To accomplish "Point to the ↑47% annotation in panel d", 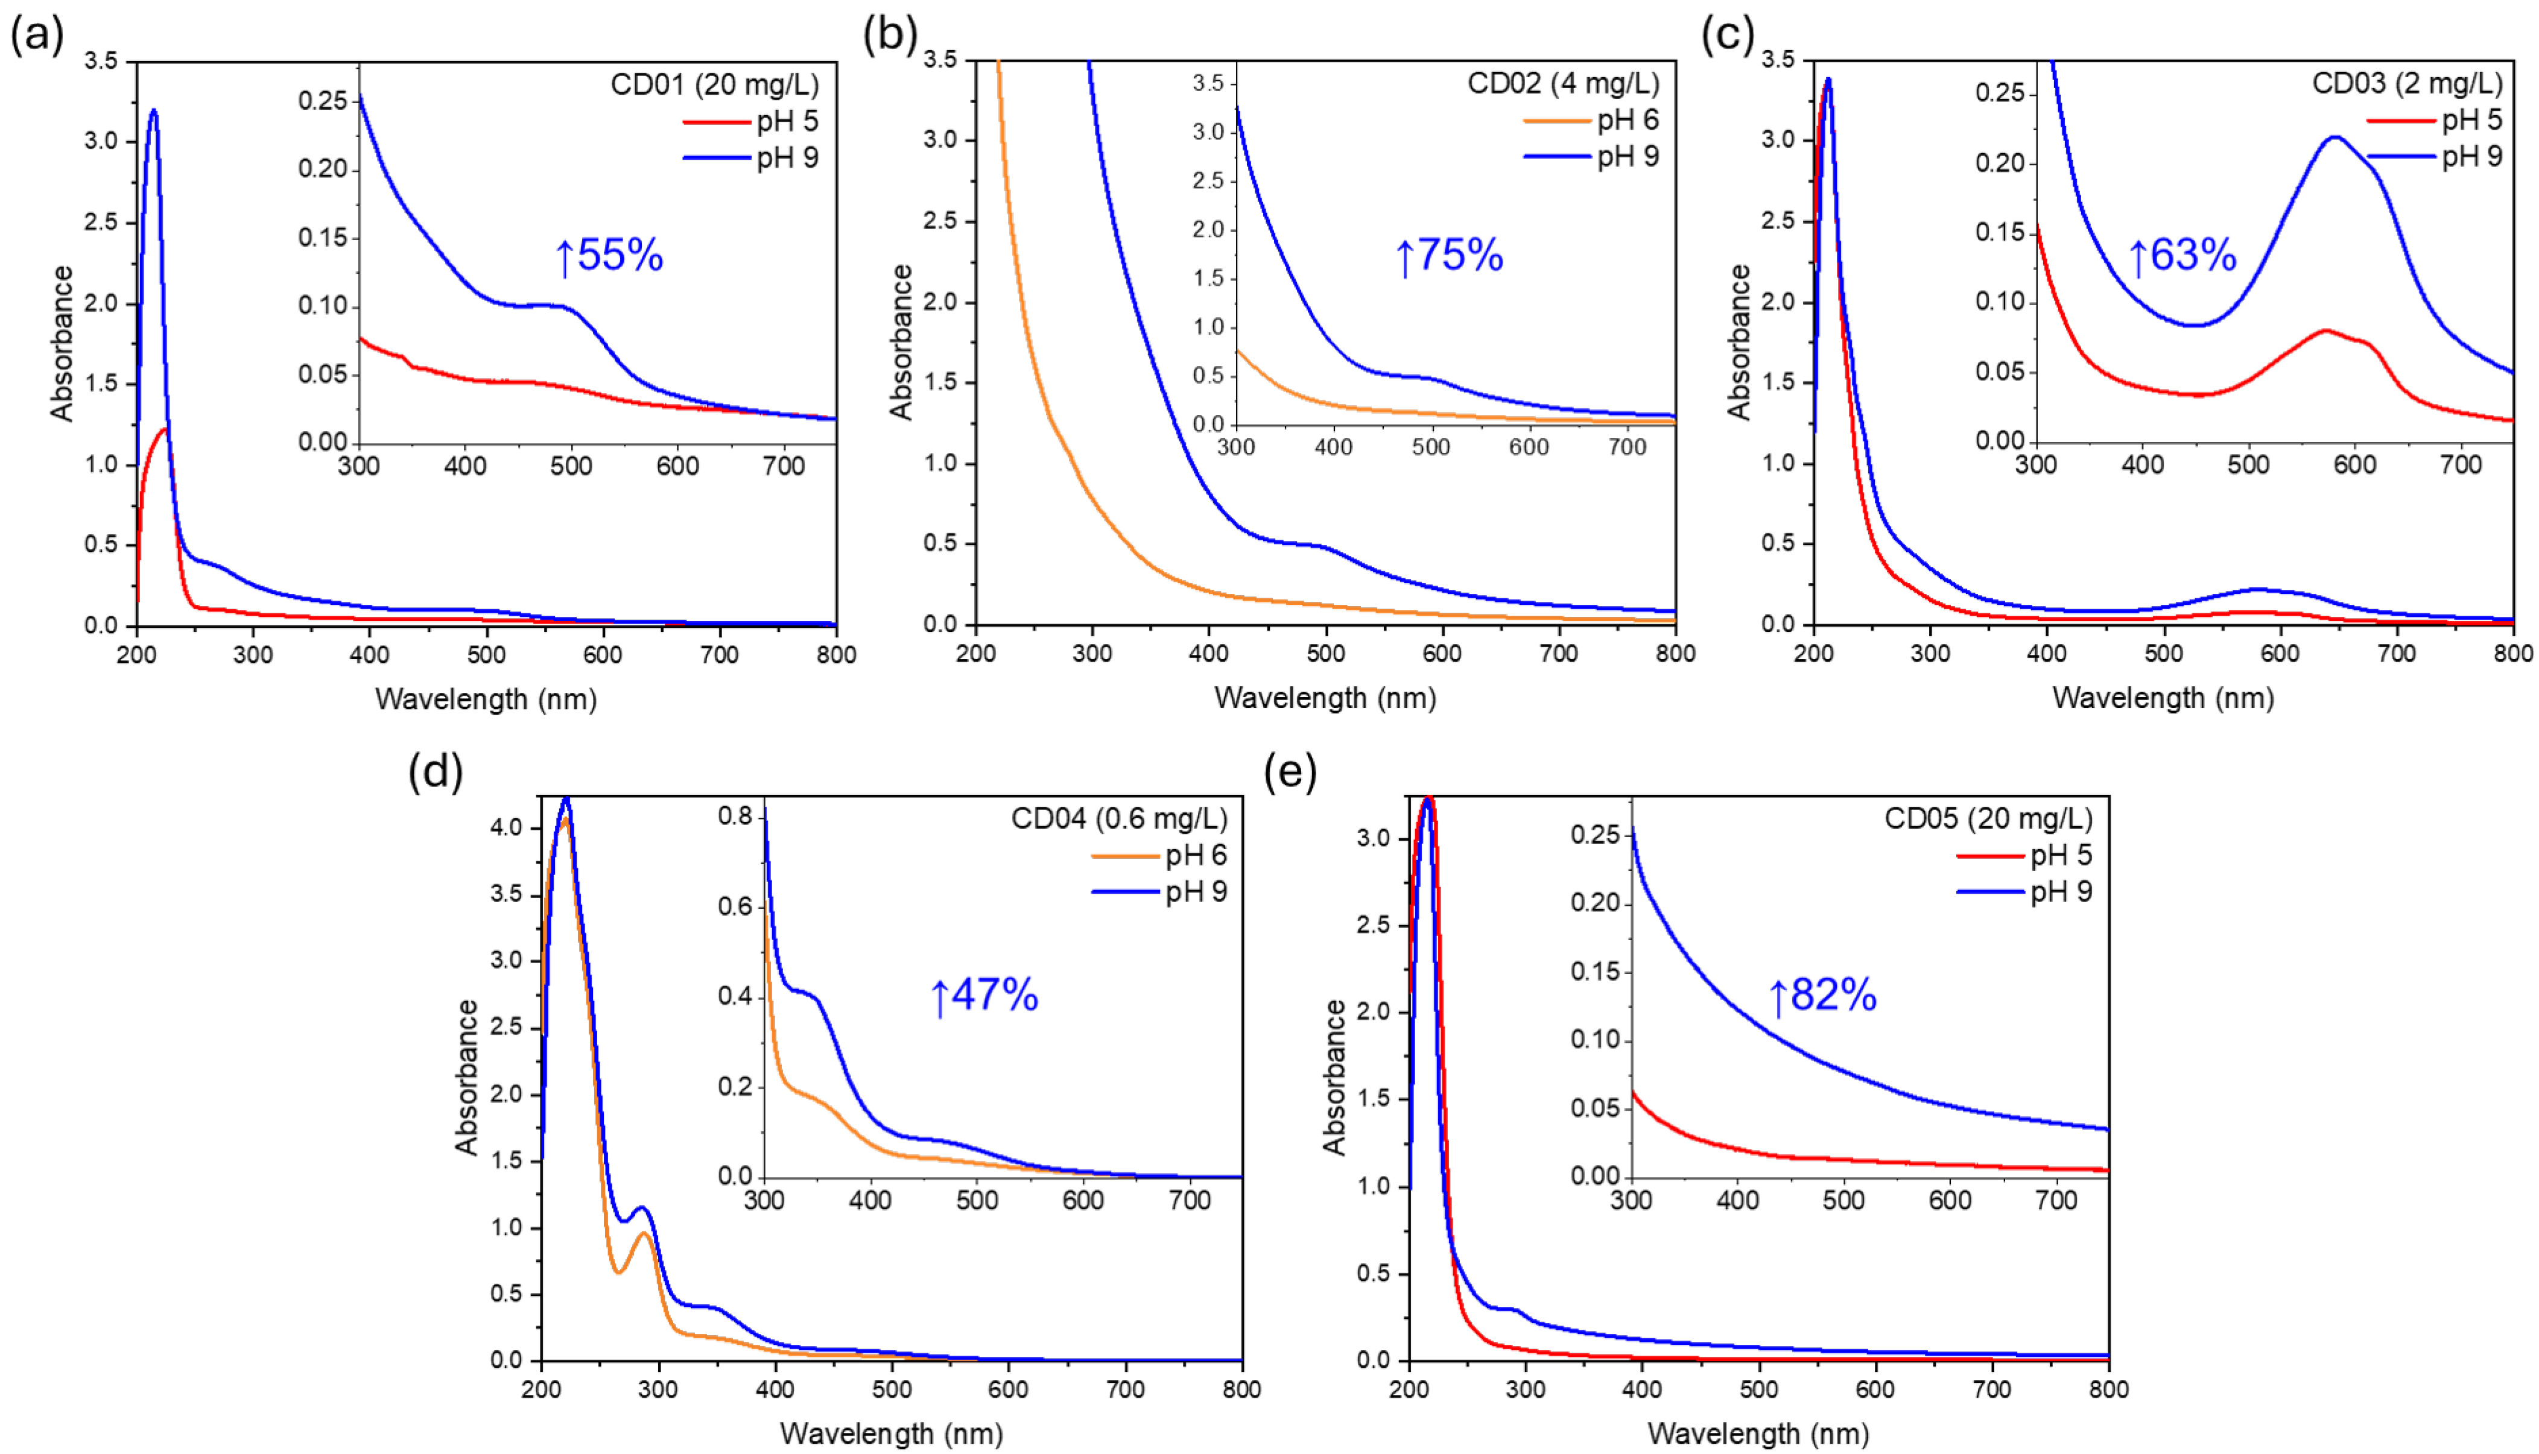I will click(x=984, y=996).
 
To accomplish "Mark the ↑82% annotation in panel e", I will click(x=1823, y=996).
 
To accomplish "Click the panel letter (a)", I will click(x=37, y=36).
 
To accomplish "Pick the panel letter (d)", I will click(x=436, y=772).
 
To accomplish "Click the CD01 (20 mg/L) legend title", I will click(x=714, y=84).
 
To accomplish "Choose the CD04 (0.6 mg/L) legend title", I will click(x=1118, y=819).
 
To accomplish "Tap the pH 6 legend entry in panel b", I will click(x=1627, y=120).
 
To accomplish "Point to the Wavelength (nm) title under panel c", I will click(x=2163, y=698).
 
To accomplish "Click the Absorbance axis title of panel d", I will click(x=466, y=1078).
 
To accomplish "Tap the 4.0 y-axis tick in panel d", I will click(x=507, y=827).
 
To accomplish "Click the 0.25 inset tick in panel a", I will click(x=323, y=101).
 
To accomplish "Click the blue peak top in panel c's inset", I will click(x=2335, y=137).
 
